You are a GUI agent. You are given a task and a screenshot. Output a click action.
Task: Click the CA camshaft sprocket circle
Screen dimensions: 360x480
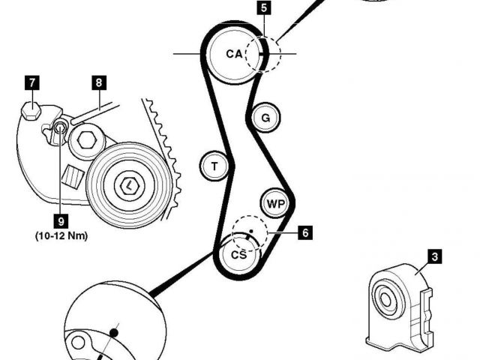tap(234, 54)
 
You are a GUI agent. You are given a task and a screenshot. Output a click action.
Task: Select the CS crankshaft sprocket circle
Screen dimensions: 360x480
tap(239, 256)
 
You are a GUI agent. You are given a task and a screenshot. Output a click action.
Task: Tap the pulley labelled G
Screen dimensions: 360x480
tap(265, 117)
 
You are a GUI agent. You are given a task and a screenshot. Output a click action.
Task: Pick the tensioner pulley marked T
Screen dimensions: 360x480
tap(214, 165)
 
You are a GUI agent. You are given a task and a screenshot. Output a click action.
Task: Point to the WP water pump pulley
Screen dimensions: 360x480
tap(275, 203)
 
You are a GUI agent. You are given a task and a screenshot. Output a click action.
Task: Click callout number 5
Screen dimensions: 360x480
tap(262, 9)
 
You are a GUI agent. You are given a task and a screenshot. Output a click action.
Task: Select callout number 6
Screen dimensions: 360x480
tap(304, 232)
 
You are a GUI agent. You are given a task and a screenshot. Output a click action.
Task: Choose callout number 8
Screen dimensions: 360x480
tap(99, 82)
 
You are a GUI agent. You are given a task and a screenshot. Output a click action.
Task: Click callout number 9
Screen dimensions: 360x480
tap(60, 220)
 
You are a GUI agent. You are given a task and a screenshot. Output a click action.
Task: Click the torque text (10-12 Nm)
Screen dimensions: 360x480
tap(61, 235)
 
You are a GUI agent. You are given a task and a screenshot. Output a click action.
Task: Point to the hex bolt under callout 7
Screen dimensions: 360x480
tap(30, 112)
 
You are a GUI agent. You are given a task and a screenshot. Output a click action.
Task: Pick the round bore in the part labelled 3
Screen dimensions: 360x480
tap(386, 300)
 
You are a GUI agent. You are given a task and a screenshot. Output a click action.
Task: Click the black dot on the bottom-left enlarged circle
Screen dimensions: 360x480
tap(114, 331)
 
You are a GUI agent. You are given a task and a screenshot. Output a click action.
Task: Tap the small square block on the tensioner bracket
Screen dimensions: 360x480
tap(73, 175)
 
